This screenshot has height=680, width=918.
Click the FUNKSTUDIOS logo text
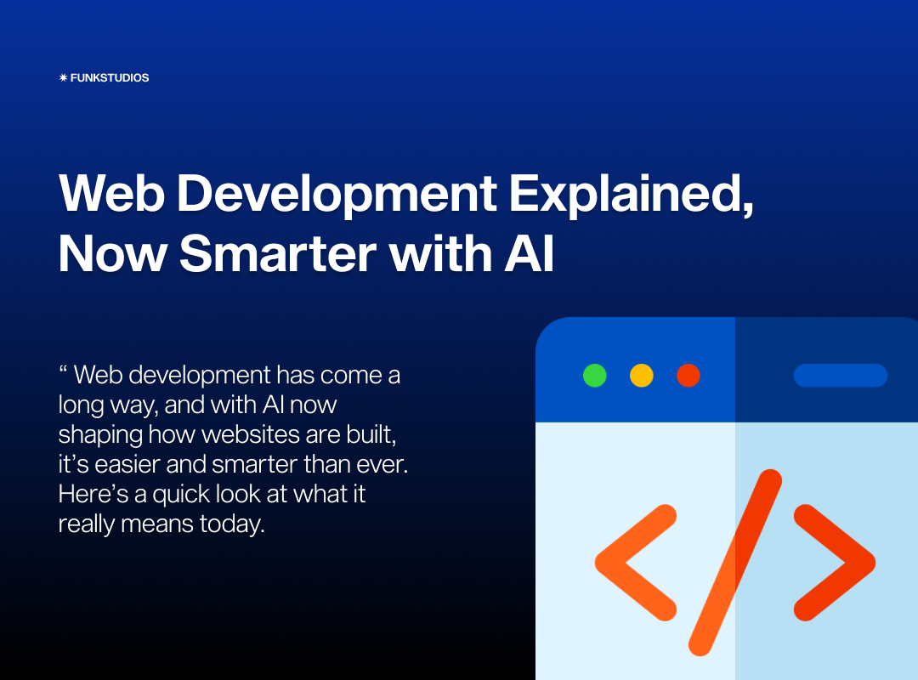tap(110, 77)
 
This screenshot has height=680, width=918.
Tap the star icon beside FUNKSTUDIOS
tap(63, 77)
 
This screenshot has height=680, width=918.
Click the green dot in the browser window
tap(595, 376)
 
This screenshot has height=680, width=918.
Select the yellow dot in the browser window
tap(642, 376)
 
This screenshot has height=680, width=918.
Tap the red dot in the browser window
tap(688, 376)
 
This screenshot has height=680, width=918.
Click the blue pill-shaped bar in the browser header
tap(841, 376)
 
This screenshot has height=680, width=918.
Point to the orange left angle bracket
tap(633, 563)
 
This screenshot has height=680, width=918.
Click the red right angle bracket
tap(836, 563)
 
